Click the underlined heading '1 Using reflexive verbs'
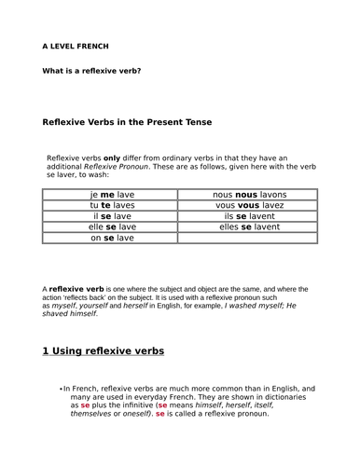pos(104,351)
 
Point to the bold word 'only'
pos(112,158)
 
